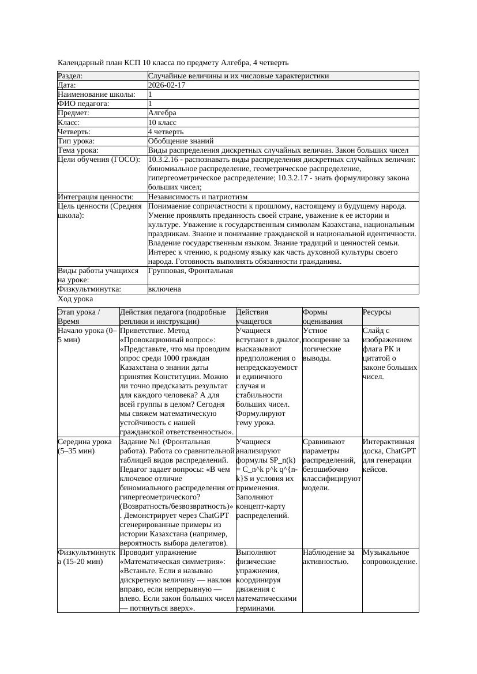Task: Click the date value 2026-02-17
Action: (x=167, y=85)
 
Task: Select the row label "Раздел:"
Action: (x=70, y=76)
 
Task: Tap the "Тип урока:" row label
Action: (x=76, y=141)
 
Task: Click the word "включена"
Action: (x=164, y=289)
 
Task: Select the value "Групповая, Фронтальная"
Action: (x=190, y=271)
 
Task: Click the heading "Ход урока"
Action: (x=75, y=299)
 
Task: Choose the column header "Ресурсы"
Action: (x=377, y=312)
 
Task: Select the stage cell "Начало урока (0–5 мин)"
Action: (x=87, y=335)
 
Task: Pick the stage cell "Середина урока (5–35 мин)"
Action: (x=85, y=446)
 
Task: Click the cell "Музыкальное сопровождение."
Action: (x=390, y=557)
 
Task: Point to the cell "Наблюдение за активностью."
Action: (x=329, y=557)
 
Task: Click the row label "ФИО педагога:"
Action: (x=84, y=104)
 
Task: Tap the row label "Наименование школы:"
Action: (x=96, y=94)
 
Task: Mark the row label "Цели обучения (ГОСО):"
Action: (x=97, y=160)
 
